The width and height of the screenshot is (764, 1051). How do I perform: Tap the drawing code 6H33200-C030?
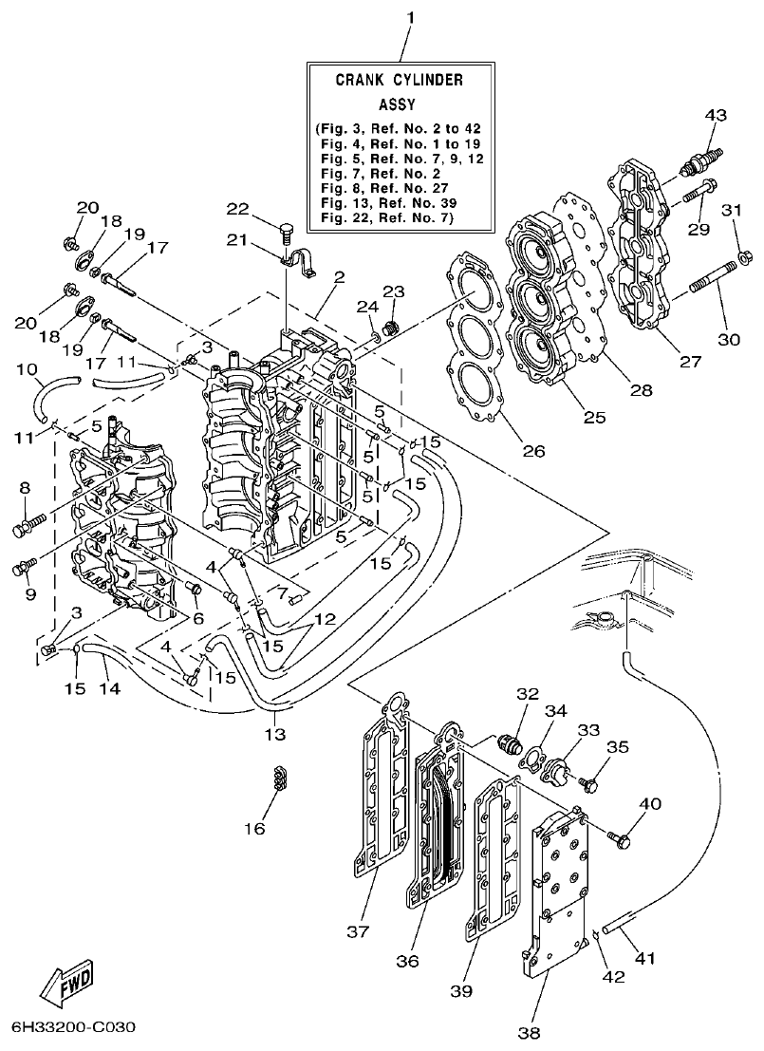tap(73, 1029)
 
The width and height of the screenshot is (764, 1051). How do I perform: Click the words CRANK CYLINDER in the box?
tap(400, 81)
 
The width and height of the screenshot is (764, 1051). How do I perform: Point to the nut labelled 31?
tap(745, 255)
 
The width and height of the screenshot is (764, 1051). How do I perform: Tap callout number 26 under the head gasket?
tap(533, 451)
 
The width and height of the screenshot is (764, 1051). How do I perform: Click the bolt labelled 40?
tap(623, 838)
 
